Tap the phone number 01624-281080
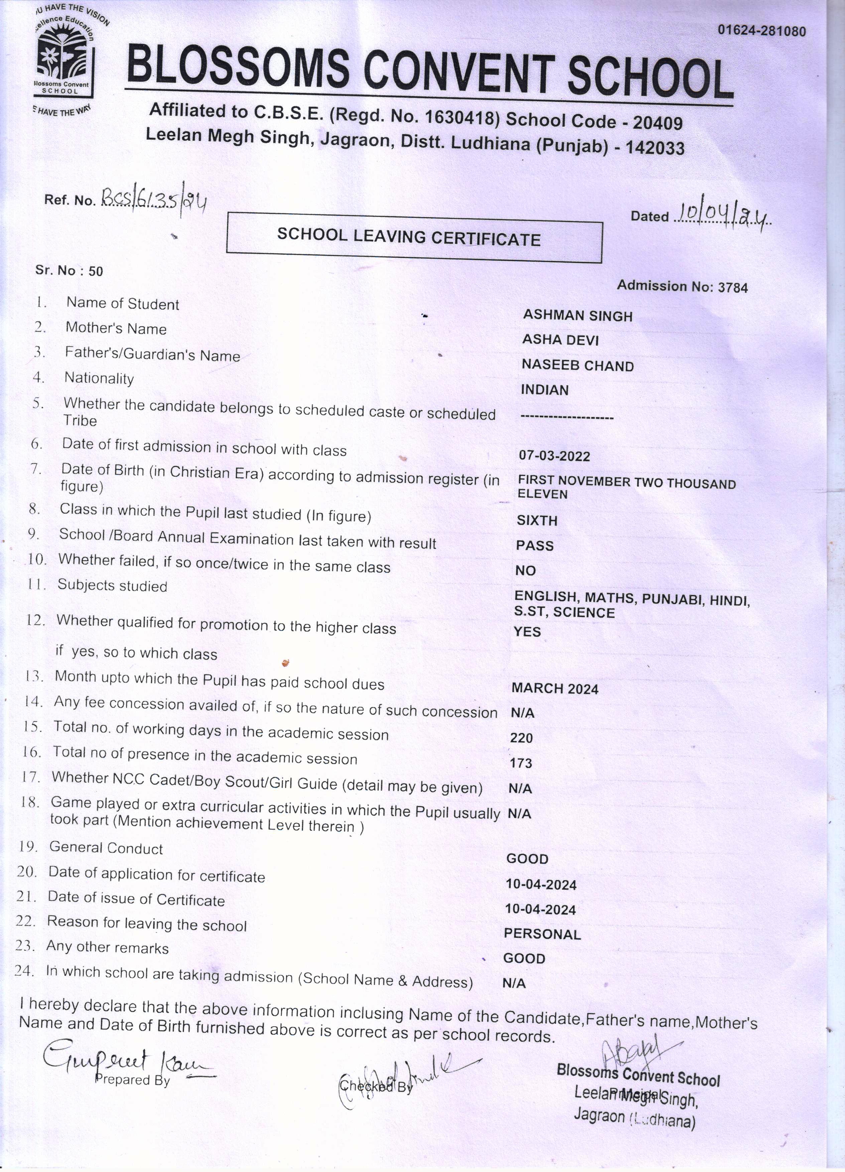coord(761,31)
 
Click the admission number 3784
coord(732,288)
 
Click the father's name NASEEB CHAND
coord(577,366)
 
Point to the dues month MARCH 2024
coord(555,689)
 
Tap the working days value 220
coord(521,738)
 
